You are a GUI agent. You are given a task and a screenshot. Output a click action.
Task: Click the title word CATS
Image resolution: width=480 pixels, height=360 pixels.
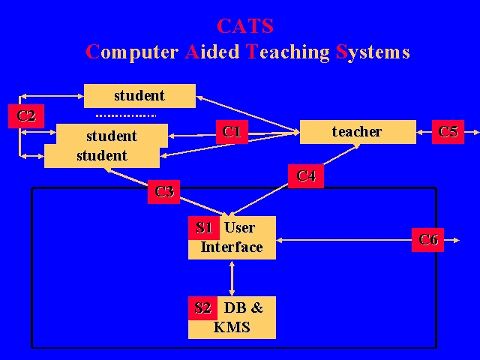pos(245,27)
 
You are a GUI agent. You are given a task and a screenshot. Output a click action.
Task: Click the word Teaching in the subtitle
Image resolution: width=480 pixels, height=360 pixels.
pos(288,52)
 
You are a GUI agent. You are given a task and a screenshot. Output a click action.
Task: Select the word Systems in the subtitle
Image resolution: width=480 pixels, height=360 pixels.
pos(373,52)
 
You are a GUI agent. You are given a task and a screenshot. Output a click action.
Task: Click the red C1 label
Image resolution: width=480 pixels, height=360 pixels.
pos(232,132)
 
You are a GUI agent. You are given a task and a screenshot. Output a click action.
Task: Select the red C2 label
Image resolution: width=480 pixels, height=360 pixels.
pos(26,116)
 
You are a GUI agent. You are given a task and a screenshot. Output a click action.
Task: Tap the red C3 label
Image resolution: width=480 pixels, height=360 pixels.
pos(164,192)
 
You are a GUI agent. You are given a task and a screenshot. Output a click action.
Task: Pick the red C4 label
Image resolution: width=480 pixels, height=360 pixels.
pos(306,176)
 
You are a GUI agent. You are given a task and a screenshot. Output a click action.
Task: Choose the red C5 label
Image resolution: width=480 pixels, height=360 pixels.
pos(448,132)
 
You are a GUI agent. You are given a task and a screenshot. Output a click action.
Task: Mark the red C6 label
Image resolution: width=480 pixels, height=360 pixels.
pos(428,240)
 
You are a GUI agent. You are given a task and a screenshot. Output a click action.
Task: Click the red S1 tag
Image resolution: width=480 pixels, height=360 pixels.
pos(204,228)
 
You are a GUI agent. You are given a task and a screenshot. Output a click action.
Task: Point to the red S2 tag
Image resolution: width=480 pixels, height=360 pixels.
pos(202,307)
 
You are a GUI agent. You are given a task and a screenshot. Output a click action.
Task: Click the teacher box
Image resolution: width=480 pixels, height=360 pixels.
pos(358,132)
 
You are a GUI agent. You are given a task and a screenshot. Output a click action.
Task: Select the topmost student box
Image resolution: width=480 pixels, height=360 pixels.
pos(139,95)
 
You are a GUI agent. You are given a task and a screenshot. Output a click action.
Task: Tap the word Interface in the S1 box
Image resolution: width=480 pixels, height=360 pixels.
pos(232,247)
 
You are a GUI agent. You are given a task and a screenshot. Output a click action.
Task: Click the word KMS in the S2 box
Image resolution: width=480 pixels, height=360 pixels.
pos(232,327)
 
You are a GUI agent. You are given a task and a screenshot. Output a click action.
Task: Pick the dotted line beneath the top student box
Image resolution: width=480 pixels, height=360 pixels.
pos(126,115)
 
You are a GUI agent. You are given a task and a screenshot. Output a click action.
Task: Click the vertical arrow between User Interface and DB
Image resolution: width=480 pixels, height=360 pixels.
pos(232,277)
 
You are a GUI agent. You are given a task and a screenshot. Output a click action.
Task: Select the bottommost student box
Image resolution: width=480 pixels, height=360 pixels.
pos(102,157)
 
